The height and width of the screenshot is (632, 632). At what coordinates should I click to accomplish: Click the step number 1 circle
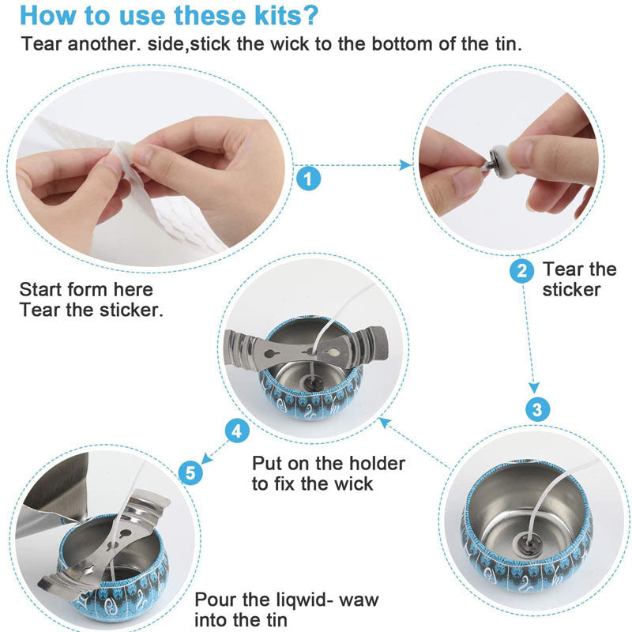309,178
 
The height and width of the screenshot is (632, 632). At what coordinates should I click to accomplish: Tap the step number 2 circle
521,271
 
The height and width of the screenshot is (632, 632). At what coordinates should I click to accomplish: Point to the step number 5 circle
190,472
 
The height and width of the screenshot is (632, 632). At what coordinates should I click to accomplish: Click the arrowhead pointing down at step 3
536,388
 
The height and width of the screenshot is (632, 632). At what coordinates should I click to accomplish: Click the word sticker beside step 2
572,290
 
